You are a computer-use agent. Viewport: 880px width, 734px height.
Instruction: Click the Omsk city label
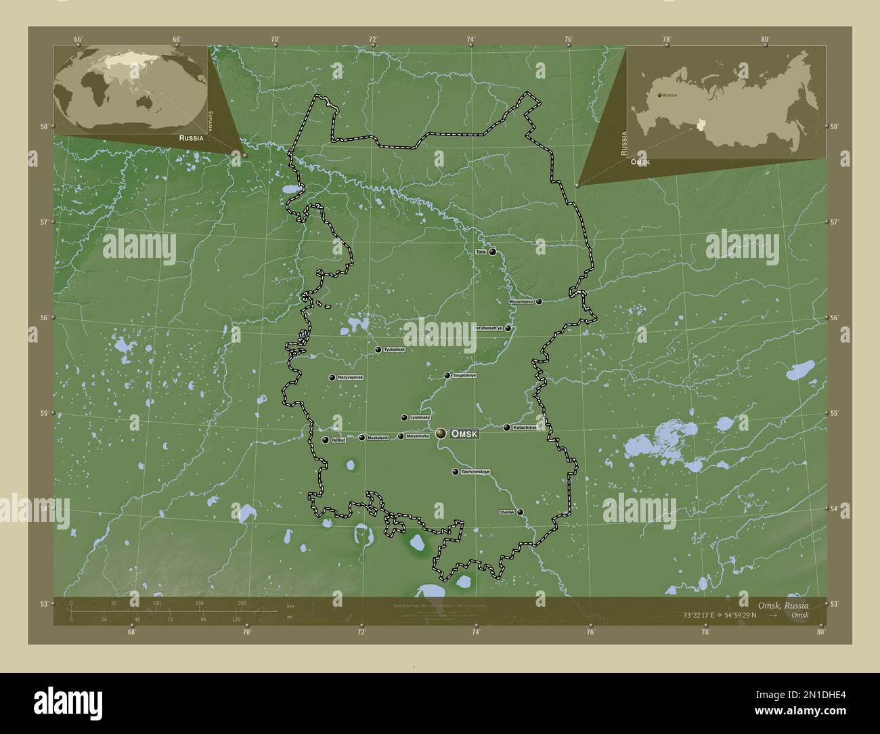click(464, 433)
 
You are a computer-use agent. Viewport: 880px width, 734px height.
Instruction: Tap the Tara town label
click(481, 252)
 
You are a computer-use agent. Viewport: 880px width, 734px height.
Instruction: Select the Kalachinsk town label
click(525, 428)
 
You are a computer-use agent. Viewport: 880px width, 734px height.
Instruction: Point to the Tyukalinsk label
click(394, 349)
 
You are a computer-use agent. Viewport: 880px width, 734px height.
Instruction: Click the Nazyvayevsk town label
click(351, 377)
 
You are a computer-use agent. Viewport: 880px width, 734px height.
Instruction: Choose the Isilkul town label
click(338, 440)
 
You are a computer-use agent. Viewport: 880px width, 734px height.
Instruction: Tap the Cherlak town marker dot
click(520, 512)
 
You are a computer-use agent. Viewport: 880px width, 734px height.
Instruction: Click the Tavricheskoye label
click(475, 471)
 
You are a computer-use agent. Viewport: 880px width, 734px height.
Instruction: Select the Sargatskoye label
click(464, 375)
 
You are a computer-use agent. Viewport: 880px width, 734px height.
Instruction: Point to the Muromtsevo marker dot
click(539, 301)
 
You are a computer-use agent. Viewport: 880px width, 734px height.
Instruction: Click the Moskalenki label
click(378, 437)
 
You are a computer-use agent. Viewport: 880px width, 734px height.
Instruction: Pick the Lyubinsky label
click(420, 418)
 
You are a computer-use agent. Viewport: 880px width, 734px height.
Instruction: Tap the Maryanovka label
click(418, 436)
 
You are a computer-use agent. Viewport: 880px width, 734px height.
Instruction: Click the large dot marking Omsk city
click(441, 433)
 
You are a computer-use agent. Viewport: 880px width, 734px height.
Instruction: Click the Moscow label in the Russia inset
click(669, 95)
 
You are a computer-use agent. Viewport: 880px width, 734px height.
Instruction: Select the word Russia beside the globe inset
click(191, 137)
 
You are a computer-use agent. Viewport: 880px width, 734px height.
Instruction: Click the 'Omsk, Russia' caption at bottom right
click(783, 605)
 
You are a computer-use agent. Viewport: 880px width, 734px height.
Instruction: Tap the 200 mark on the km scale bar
click(242, 603)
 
